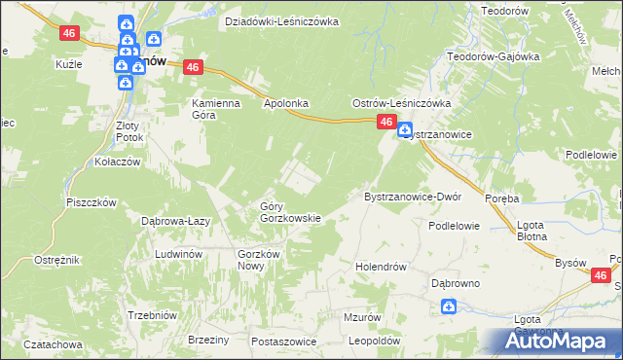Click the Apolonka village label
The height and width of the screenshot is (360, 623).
click(x=286, y=101)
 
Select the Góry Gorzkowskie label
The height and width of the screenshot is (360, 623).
click(x=290, y=212)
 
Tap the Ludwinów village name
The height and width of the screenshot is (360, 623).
click(x=178, y=254)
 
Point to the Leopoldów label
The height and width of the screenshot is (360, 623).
click(x=376, y=342)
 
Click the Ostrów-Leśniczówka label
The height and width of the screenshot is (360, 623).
click(x=401, y=103)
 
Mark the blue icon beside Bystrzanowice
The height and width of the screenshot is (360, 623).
click(x=404, y=128)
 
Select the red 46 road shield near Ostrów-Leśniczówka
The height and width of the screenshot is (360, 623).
click(x=386, y=122)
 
